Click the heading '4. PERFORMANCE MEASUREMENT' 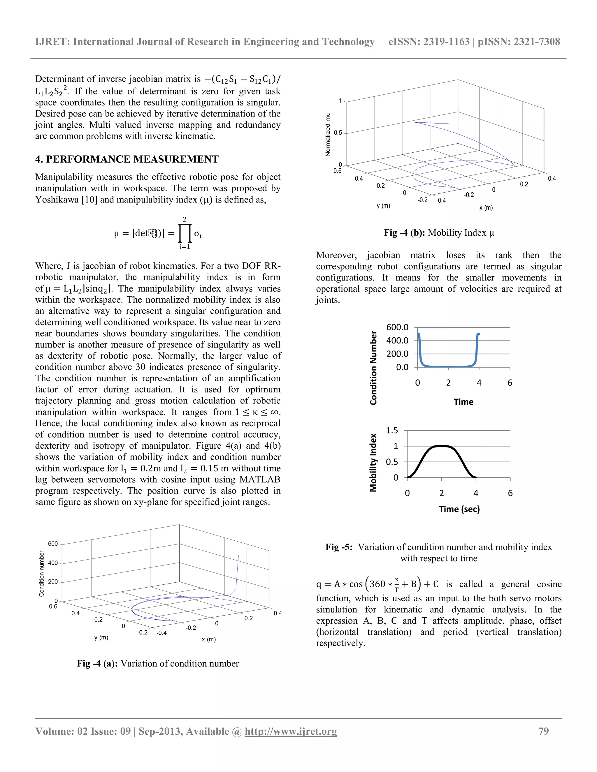pyautogui.click(x=127, y=159)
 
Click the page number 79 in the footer pyautogui.click(x=543, y=731)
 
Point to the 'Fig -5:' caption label pyautogui.click(x=339, y=547)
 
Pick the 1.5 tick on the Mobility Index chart pyautogui.click(x=392, y=431)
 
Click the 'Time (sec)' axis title pyautogui.click(x=459, y=509)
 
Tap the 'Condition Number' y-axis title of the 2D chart pyautogui.click(x=373, y=368)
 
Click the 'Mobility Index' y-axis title pyautogui.click(x=373, y=463)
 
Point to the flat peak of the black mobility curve pyautogui.click(x=441, y=446)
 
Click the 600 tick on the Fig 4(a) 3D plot pyautogui.click(x=53, y=544)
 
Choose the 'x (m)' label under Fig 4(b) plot pyautogui.click(x=486, y=208)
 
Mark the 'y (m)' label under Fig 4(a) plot pyautogui.click(x=101, y=638)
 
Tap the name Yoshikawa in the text pyautogui.click(x=57, y=200)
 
